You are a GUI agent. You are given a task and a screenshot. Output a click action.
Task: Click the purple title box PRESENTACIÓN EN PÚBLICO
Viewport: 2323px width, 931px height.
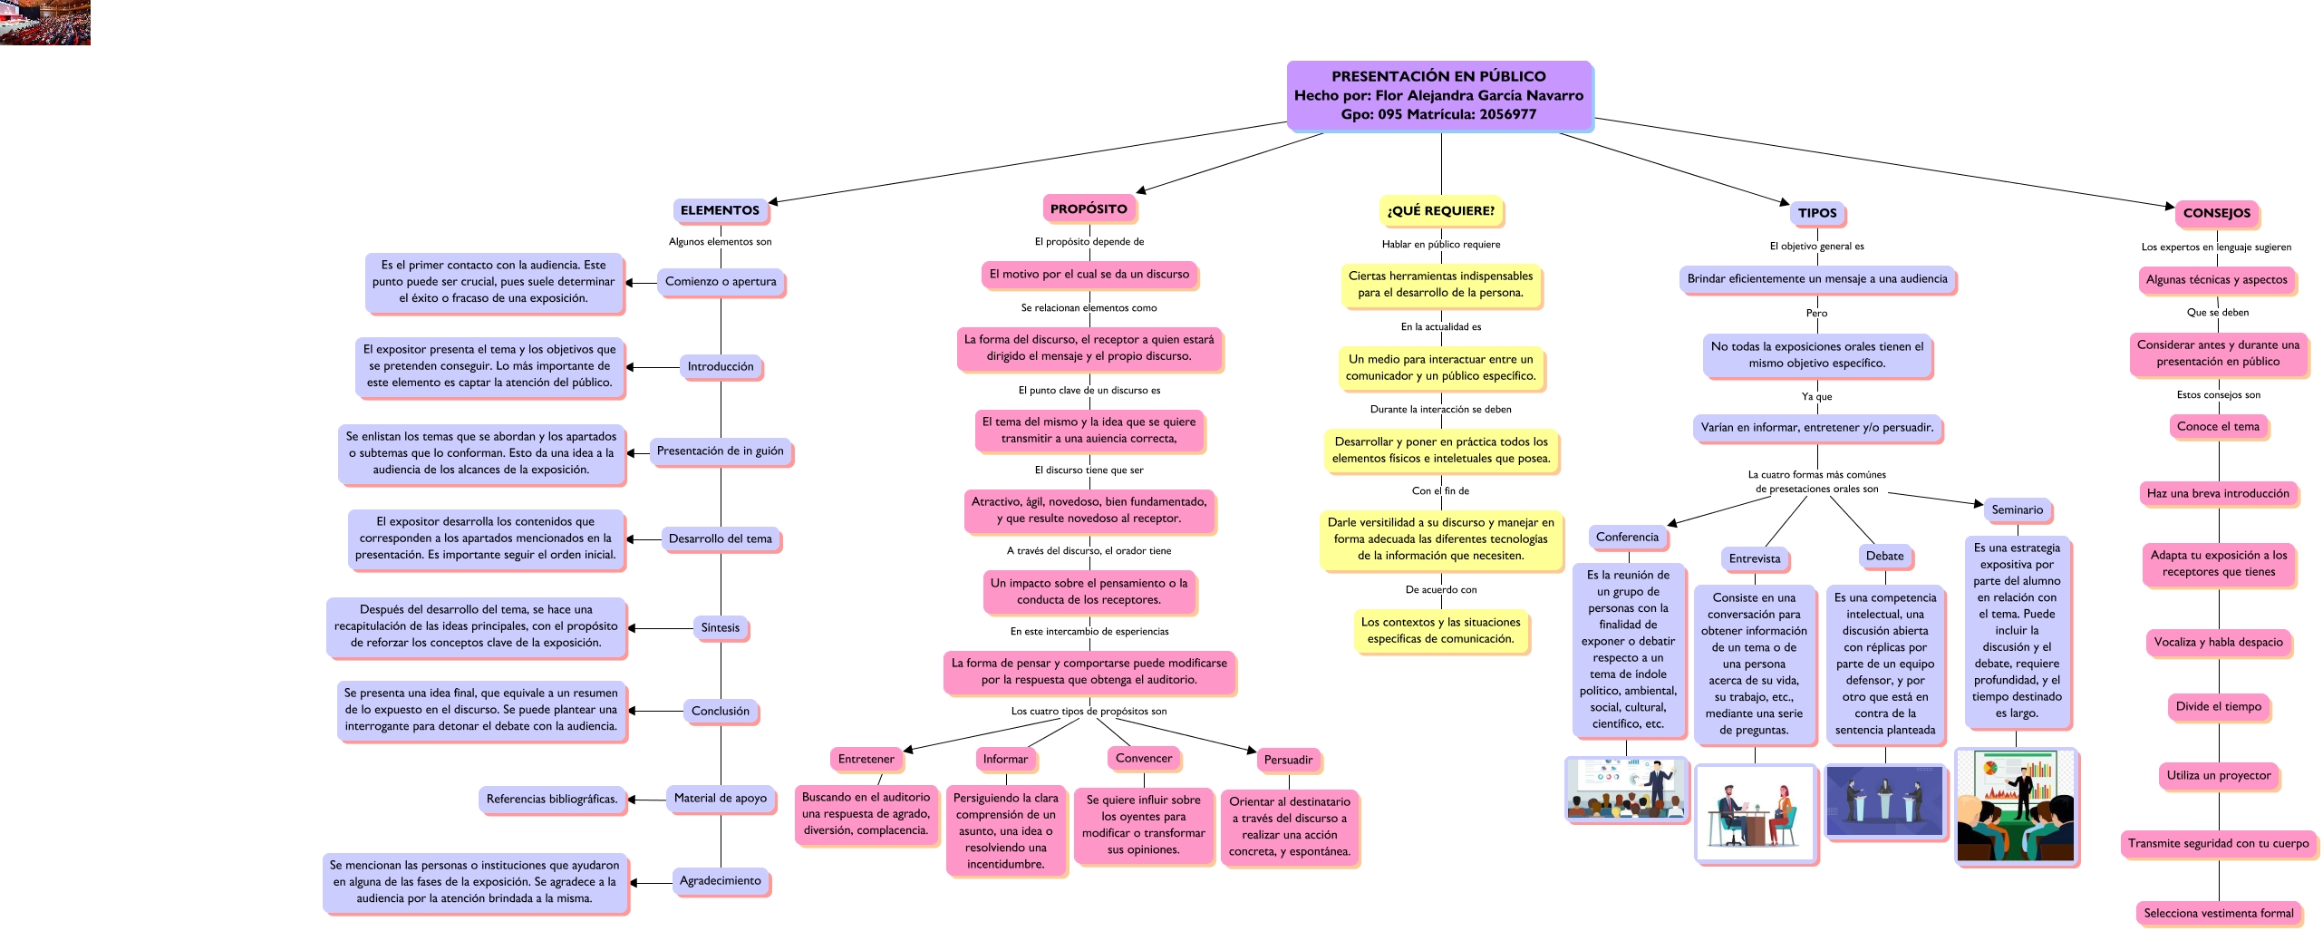[x=1438, y=95]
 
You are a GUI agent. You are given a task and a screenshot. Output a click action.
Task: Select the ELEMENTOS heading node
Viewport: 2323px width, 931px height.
[x=720, y=210]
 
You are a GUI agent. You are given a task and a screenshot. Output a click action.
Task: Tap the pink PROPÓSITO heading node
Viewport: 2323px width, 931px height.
[x=1089, y=209]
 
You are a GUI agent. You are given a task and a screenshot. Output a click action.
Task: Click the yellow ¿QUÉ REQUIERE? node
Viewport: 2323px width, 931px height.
[x=1440, y=210]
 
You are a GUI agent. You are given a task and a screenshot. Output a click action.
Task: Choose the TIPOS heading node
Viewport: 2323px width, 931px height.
[x=1817, y=213]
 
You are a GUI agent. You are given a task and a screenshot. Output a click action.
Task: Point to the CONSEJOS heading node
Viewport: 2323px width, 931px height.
[x=2216, y=213]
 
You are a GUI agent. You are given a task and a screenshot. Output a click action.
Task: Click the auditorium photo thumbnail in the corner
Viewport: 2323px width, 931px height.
[x=44, y=22]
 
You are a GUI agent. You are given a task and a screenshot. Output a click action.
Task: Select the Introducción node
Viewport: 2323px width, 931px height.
[x=720, y=366]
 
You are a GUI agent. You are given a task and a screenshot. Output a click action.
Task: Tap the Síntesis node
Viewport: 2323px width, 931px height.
[x=720, y=627]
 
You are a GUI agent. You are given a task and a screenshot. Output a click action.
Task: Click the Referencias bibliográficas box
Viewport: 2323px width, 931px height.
[x=551, y=799]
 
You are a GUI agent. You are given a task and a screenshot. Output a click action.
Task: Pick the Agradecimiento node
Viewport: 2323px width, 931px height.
[x=720, y=880]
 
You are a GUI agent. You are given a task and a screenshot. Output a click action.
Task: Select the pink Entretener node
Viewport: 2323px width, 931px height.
[x=866, y=759]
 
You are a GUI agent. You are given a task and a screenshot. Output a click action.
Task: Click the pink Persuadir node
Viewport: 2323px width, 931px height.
[x=1288, y=760]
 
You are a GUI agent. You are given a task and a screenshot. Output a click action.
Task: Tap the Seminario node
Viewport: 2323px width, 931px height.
[x=2017, y=509]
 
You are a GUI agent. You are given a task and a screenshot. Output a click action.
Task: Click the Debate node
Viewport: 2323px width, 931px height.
[x=1884, y=556]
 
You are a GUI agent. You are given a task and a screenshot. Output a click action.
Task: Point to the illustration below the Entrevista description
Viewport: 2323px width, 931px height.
[x=1755, y=812]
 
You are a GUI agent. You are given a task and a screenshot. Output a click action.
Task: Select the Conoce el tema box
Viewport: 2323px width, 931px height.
[x=2218, y=426]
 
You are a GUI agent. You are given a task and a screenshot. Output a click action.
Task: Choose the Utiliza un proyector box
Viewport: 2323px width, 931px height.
[x=2218, y=775]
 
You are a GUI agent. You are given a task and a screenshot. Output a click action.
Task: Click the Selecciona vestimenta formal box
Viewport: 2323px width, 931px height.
[x=2218, y=913]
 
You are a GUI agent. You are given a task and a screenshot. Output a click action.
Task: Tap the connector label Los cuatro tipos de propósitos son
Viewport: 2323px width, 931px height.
[x=1089, y=711]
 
